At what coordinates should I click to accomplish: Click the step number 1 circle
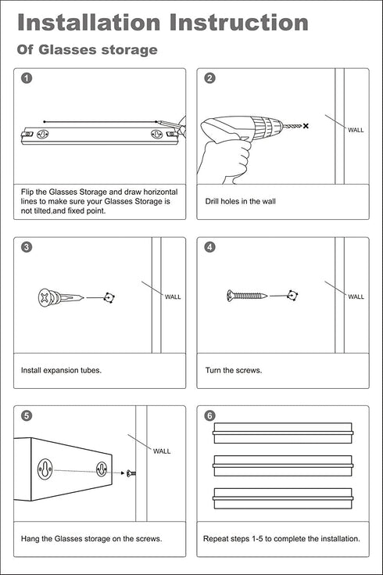point(27,78)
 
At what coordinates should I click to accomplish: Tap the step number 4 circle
point(209,246)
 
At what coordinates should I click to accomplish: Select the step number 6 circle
point(209,415)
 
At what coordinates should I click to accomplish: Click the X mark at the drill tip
point(306,126)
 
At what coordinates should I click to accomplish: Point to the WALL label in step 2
point(356,130)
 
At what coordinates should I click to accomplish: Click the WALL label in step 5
point(162,451)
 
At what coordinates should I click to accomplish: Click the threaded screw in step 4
point(247,295)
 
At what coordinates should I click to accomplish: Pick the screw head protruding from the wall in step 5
point(131,473)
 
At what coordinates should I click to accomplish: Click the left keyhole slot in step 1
point(43,135)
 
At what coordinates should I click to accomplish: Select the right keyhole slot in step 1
point(157,135)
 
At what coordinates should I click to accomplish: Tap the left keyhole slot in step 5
point(45,469)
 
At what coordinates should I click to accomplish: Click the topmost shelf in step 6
point(283,433)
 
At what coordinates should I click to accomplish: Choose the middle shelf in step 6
point(283,465)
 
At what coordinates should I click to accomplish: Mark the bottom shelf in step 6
point(283,498)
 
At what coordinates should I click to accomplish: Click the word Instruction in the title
point(238,23)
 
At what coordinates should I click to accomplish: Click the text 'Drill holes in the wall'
point(241,201)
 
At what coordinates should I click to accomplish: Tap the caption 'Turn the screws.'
point(234,370)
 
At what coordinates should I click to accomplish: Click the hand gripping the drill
point(224,161)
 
